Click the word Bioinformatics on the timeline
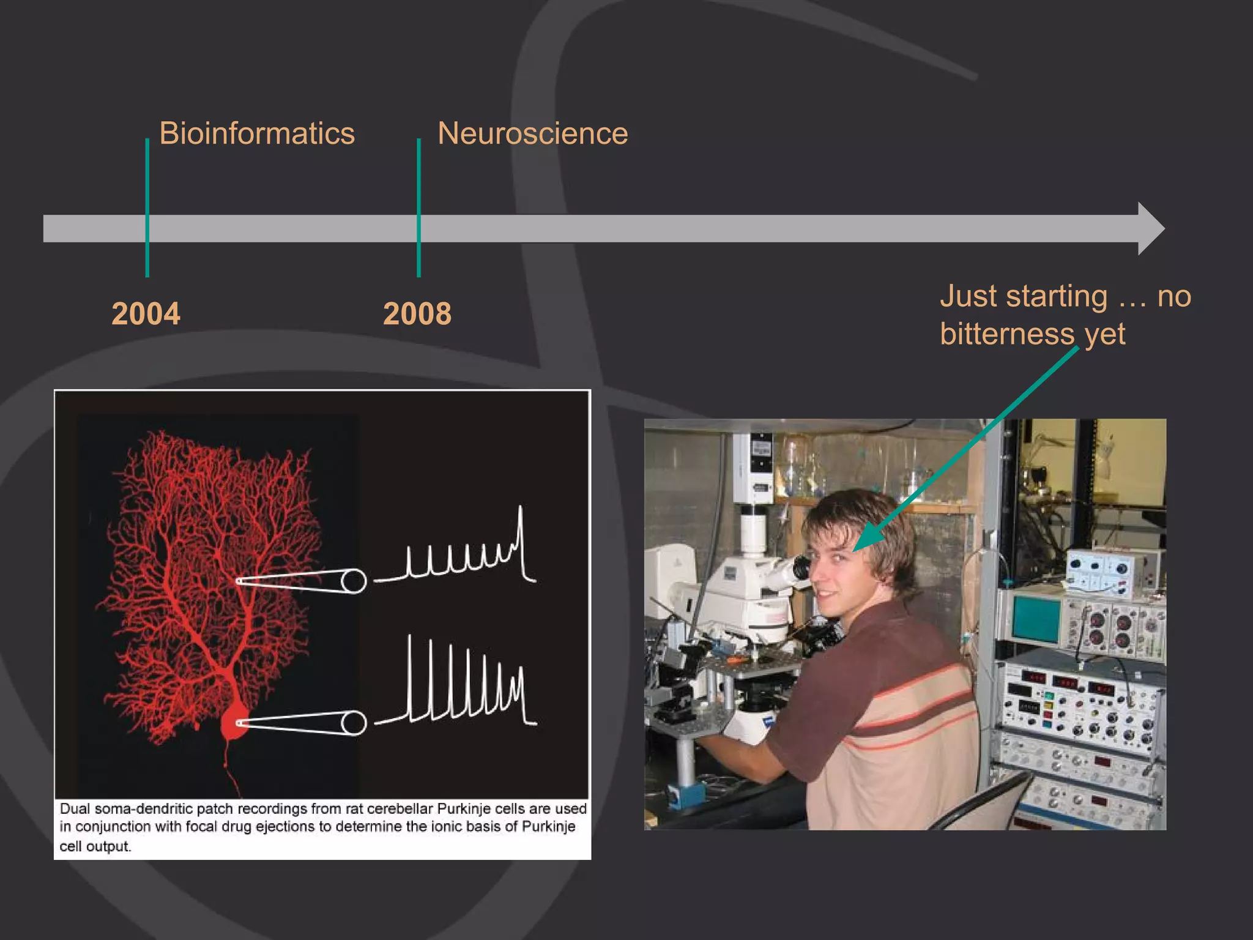[x=256, y=133]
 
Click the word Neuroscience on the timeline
[x=532, y=133]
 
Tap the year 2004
[x=146, y=314]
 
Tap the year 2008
[x=417, y=314]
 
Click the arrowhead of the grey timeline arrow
[x=1150, y=228]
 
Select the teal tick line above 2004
[x=147, y=184]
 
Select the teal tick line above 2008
[x=418, y=184]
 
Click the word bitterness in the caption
[x=1007, y=334]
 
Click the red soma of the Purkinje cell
[x=233, y=724]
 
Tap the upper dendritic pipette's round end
[x=353, y=581]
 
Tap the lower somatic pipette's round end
[x=353, y=723]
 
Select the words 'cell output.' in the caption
[x=95, y=846]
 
